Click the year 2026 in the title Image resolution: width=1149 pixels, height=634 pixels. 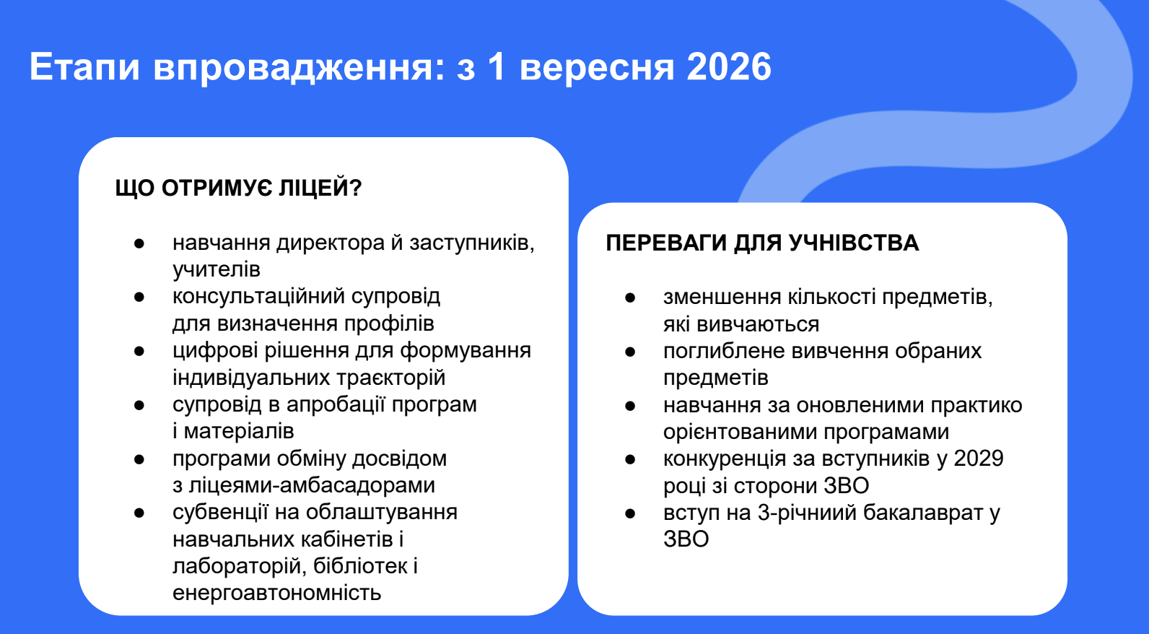(729, 66)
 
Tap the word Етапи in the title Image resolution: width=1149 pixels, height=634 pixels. (84, 66)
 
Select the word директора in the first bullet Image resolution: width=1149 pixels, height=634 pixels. (331, 243)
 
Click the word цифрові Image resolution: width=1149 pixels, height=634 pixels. (215, 351)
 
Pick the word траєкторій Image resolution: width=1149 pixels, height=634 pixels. (383, 378)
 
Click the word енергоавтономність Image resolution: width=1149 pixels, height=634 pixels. (277, 594)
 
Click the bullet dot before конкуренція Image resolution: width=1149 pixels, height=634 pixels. (630, 459)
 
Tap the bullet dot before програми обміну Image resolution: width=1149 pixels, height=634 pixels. (139, 459)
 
